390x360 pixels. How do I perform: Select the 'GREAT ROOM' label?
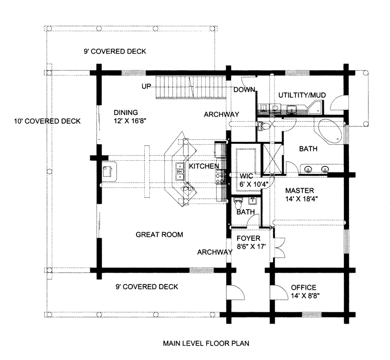[x=159, y=235]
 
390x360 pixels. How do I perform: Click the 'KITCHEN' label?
[x=204, y=166]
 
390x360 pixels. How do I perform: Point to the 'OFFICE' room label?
[x=304, y=287]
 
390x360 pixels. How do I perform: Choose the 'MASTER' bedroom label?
[x=300, y=191]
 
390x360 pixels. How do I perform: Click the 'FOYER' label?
[x=248, y=239]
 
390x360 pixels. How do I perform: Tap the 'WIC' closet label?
[x=247, y=175]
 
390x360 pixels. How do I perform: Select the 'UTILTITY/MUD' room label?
[x=303, y=95]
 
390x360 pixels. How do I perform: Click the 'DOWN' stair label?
[x=244, y=90]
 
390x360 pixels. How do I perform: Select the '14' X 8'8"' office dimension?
[x=304, y=296]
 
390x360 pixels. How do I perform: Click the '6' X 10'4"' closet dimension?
[x=251, y=184]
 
